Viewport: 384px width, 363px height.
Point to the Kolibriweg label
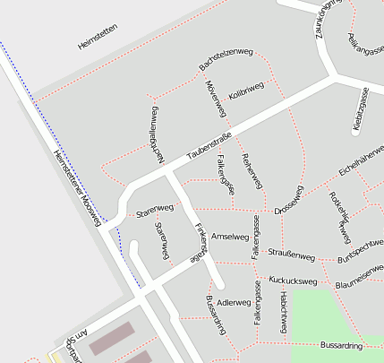(246, 90)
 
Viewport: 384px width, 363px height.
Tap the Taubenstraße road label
(209, 147)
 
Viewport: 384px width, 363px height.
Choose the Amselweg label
(228, 237)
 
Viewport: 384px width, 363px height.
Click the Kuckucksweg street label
(293, 281)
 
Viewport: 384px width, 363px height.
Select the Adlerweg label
(235, 302)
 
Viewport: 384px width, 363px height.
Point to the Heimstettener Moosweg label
(77, 183)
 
